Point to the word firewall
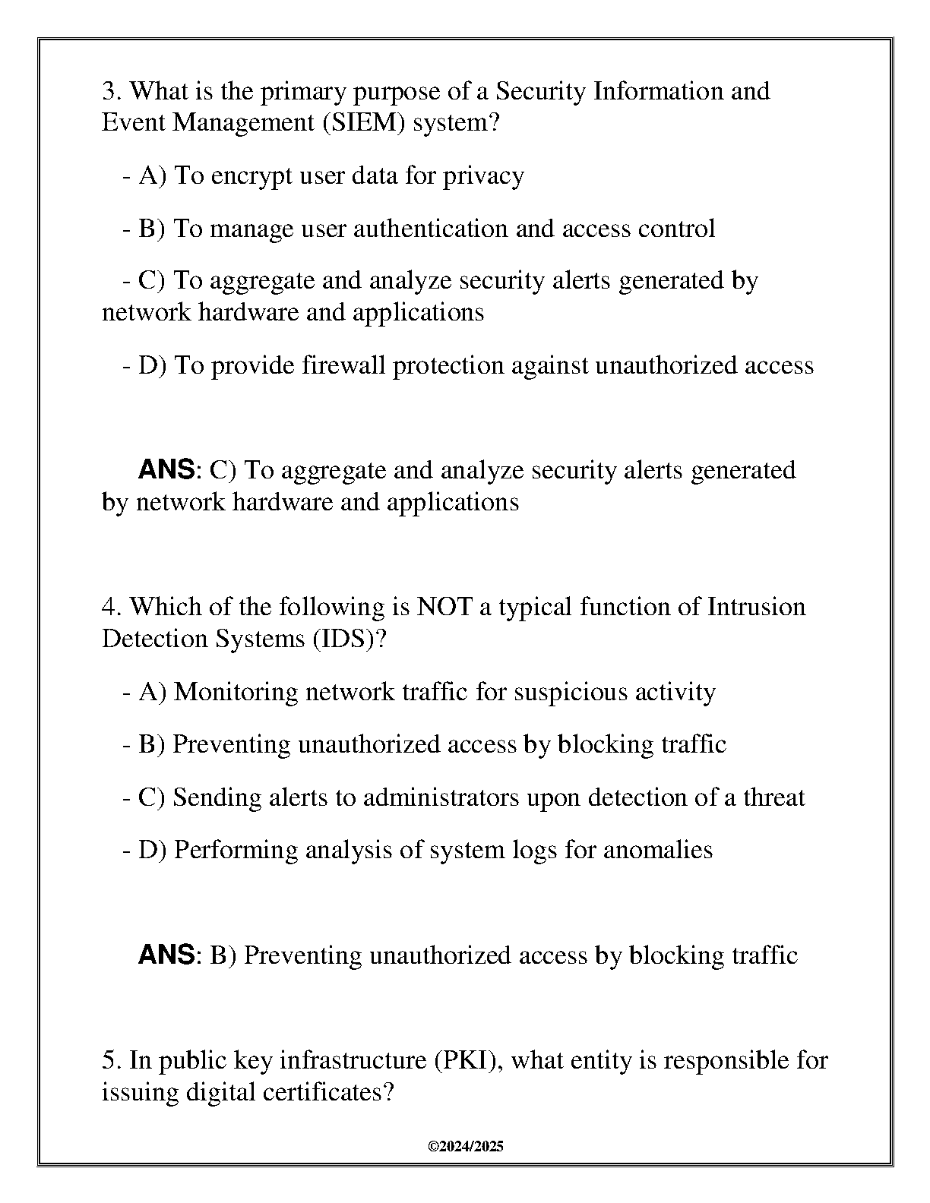click(343, 366)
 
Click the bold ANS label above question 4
click(166, 470)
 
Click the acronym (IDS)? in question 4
click(350, 639)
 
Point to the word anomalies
click(658, 850)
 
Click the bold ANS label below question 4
click(166, 955)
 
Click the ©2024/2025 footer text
click(466, 1147)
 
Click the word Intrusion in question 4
click(756, 607)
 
